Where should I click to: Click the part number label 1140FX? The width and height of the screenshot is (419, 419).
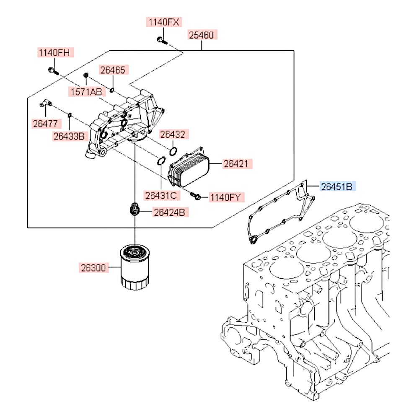point(164,22)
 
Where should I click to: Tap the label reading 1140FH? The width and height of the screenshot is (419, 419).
point(54,53)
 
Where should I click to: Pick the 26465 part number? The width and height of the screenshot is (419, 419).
point(112,70)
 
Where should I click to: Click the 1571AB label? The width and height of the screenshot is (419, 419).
point(85,92)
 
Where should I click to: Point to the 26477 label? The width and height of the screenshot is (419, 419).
point(46,124)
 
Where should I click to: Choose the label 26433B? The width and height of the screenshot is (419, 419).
point(69,136)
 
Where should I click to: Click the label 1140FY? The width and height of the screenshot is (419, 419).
point(227,197)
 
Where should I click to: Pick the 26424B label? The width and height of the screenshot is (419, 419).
point(168,212)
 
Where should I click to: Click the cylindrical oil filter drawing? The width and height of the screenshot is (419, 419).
point(134,268)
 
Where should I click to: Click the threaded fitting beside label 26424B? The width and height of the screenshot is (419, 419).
point(134,209)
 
